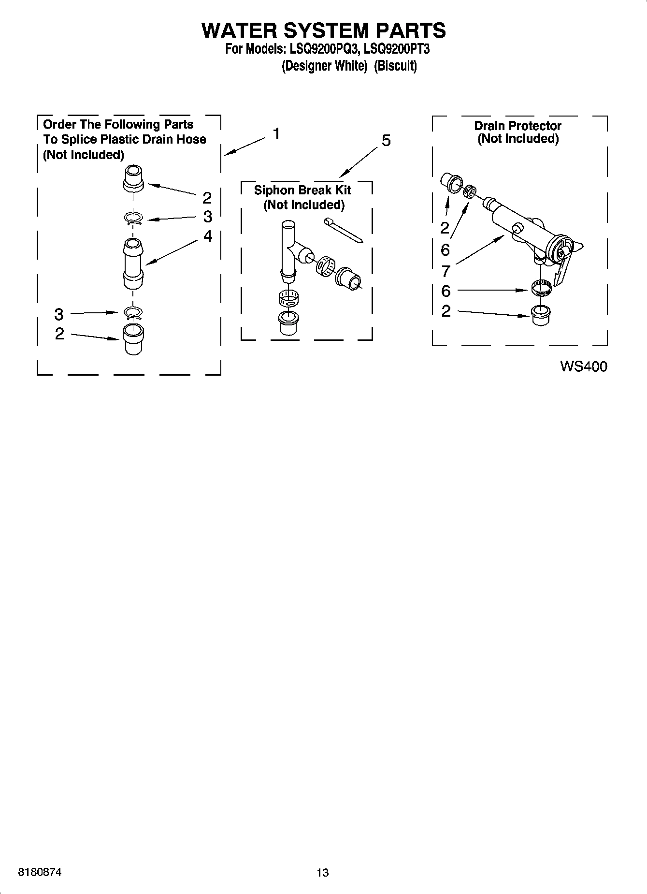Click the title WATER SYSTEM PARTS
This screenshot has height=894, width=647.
323,30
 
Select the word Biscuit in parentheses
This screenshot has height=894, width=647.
395,66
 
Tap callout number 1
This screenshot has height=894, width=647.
276,134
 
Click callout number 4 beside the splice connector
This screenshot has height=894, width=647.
208,236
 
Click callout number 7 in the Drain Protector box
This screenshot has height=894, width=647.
445,271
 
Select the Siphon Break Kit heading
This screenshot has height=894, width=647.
302,190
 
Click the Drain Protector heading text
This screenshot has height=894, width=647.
518,126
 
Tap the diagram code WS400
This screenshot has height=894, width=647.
583,366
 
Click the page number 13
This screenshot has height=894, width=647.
322,873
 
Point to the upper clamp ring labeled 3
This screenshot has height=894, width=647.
133,219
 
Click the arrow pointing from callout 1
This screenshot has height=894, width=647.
245,146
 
